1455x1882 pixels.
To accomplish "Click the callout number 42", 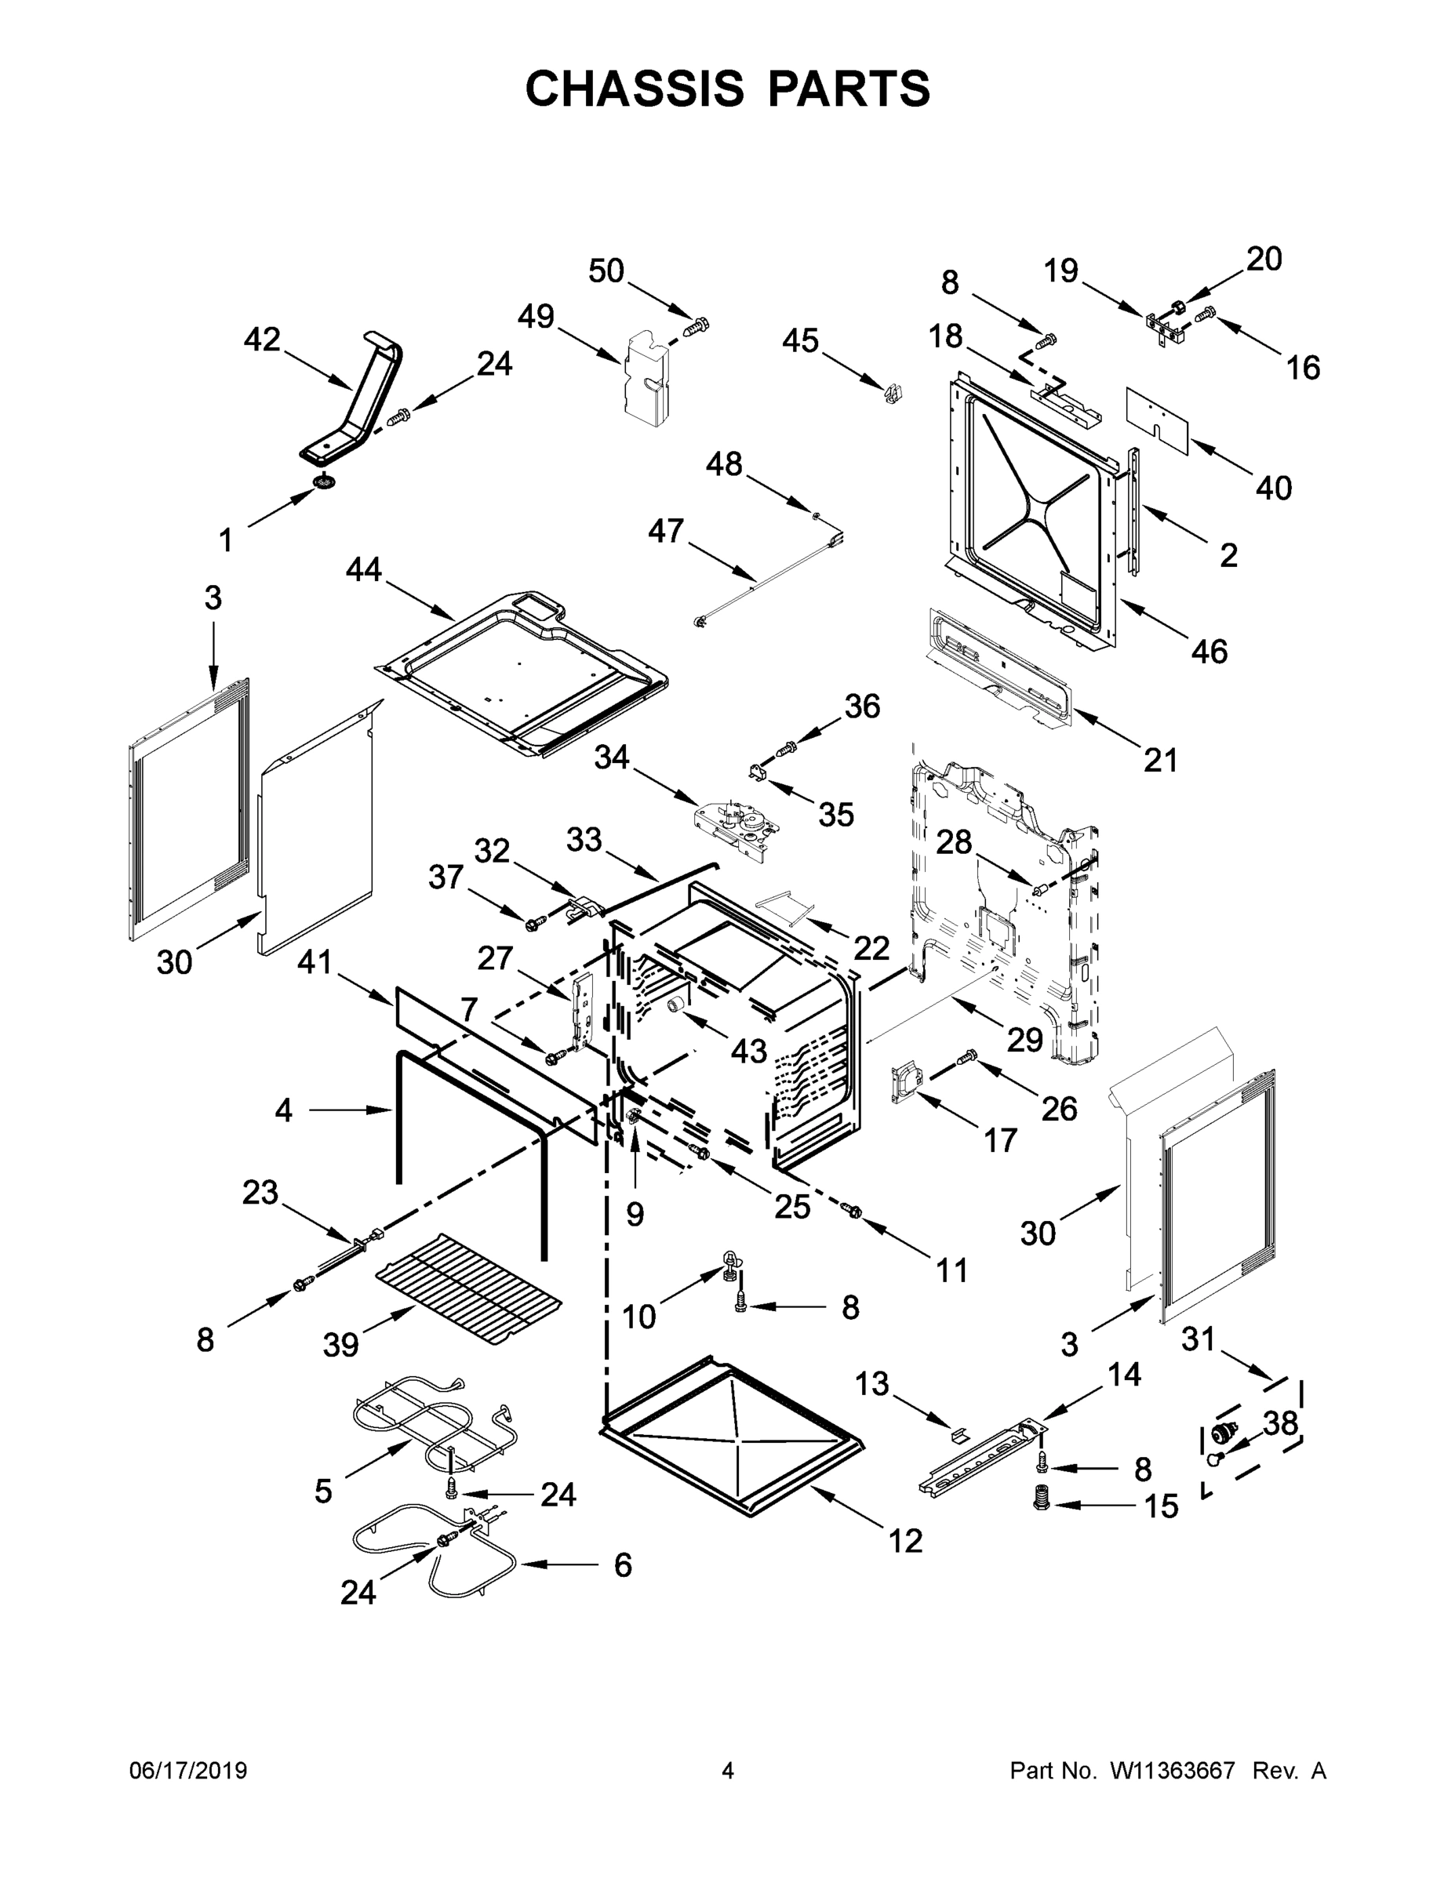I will click(262, 340).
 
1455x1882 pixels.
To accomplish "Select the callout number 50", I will click(606, 271).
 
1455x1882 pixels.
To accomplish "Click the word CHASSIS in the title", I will click(635, 88).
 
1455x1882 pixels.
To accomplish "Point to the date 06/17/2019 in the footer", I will click(188, 1770).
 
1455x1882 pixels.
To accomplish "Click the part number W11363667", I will click(1173, 1770).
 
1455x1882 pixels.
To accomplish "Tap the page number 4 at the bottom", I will click(728, 1770).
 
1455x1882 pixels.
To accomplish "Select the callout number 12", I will click(905, 1540).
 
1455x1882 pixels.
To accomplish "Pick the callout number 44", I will click(364, 569).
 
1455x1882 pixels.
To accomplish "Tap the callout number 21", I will click(1160, 760).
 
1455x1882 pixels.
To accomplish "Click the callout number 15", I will click(1161, 1506).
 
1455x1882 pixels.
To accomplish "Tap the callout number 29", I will click(1025, 1040).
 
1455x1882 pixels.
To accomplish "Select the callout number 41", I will click(315, 961).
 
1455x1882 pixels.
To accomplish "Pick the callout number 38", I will click(1281, 1424).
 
